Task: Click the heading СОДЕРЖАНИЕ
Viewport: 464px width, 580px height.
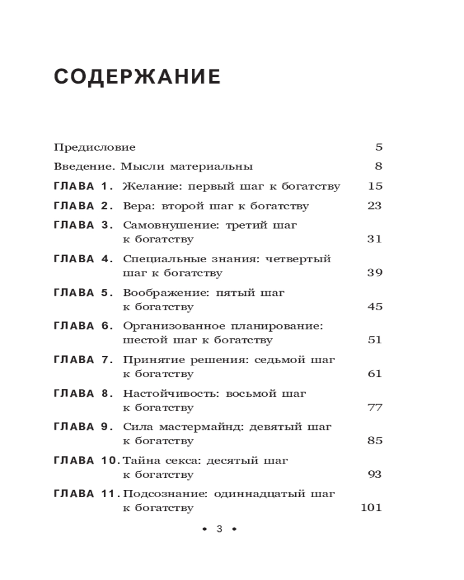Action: click(x=137, y=77)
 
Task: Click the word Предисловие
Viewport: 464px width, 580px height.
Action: click(x=95, y=147)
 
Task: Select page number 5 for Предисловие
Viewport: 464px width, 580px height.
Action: click(x=379, y=147)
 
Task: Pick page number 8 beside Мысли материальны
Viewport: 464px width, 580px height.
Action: click(x=379, y=166)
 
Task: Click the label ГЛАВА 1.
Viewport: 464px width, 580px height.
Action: click(x=82, y=186)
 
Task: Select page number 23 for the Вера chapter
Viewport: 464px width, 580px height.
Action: click(x=375, y=206)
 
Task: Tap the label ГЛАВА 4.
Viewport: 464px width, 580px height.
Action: click(x=82, y=259)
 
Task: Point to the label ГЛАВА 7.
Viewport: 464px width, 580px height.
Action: click(x=82, y=360)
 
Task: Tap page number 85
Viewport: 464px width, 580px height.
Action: click(x=375, y=441)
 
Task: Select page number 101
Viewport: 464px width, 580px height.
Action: click(x=371, y=508)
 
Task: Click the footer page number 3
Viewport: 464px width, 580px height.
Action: click(x=219, y=529)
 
